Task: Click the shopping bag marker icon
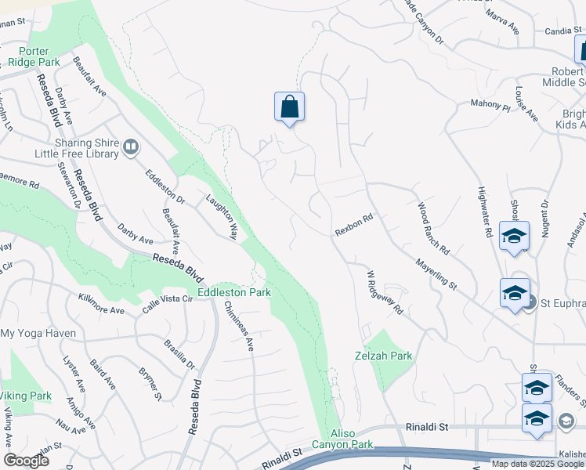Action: [x=289, y=107]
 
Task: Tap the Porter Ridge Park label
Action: [x=34, y=56]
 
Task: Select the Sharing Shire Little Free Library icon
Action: [x=131, y=146]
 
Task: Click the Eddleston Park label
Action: [x=233, y=292]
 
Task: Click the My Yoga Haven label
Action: [x=38, y=333]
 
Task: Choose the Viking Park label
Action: [x=25, y=396]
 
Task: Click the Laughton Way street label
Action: [x=222, y=217]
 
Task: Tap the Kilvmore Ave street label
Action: [x=101, y=304]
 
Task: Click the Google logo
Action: [x=26, y=461]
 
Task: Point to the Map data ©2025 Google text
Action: [x=537, y=464]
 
